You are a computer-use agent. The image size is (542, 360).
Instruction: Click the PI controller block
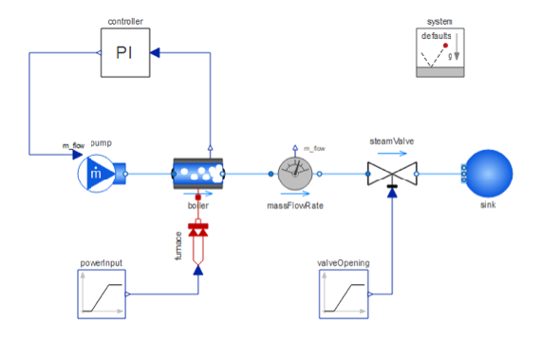pos(125,52)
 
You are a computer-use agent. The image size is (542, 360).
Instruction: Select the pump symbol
pos(102,174)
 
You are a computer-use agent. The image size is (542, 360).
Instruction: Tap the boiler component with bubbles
pos(198,174)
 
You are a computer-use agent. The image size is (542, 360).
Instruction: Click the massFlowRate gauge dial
pos(295,174)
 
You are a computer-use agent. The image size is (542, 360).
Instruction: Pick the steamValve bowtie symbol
pos(392,174)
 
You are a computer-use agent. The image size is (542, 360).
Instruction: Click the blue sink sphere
pos(489,174)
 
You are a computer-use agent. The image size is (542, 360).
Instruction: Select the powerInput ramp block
pos(102,294)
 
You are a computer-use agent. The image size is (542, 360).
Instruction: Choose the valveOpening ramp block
pos(344,294)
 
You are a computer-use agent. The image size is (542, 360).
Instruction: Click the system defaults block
pos(440,52)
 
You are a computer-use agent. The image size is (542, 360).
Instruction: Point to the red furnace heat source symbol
pos(198,242)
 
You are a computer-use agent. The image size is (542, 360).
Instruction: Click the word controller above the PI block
pos(125,22)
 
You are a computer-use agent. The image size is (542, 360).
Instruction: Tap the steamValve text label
pos(392,142)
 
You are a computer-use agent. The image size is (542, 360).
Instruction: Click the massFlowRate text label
pos(295,206)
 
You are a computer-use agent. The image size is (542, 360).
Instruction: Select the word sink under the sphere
pos(488,205)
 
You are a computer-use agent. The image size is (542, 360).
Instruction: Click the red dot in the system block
pos(445,46)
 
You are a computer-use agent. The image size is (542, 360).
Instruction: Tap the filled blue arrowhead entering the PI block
pos(155,52)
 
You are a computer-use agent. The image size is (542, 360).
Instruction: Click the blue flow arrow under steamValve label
pos(392,153)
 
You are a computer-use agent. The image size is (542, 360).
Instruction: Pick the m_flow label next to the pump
pos(73,145)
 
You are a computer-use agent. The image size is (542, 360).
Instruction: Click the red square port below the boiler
pos(198,198)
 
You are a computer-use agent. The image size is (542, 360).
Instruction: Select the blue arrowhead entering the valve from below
pos(392,193)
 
